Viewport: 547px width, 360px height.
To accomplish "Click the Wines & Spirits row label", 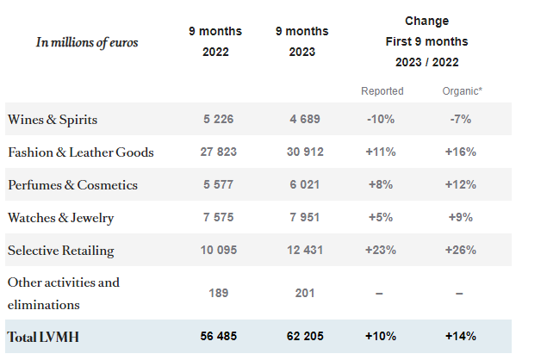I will point(53,119).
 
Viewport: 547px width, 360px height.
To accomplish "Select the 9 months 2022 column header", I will point(215,41).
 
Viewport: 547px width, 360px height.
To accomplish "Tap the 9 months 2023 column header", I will point(301,41).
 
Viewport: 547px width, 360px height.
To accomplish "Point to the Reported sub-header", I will point(382,90).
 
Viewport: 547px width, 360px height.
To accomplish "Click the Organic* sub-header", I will point(461,90).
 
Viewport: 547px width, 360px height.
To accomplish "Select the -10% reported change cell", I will point(382,120).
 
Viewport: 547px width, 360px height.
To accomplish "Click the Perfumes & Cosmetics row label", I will point(72,185).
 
